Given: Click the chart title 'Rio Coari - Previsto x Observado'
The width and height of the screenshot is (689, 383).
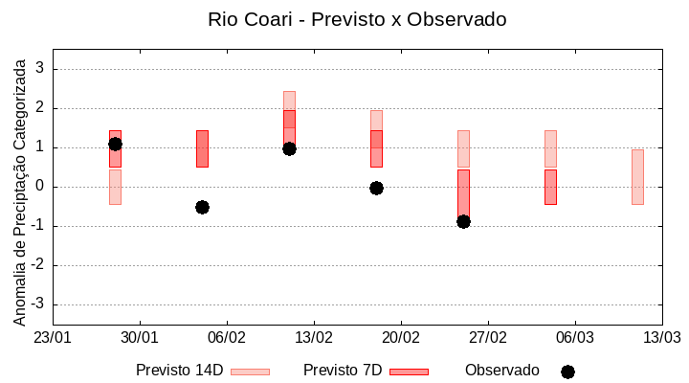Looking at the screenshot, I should pyautogui.click(x=357, y=19).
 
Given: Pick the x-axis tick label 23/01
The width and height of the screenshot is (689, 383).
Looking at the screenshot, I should pyautogui.click(x=53, y=338).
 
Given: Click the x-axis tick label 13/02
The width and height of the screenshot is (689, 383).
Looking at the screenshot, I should pyautogui.click(x=314, y=338).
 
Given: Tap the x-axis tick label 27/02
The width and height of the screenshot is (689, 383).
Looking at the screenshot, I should pyautogui.click(x=488, y=338).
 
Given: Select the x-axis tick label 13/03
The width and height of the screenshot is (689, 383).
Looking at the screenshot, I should pyautogui.click(x=661, y=338).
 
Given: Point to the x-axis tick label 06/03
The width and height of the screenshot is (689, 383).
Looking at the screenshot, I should pyautogui.click(x=575, y=338).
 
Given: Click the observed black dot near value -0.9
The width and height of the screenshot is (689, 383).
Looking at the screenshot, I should pyautogui.click(x=463, y=221).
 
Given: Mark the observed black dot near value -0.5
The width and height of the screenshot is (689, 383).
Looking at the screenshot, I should pyautogui.click(x=202, y=207).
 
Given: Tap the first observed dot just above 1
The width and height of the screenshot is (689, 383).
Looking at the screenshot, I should pyautogui.click(x=115, y=144).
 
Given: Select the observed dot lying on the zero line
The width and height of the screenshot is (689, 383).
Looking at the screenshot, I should pyautogui.click(x=376, y=188).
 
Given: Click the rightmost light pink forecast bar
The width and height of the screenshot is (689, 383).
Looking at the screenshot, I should pyautogui.click(x=637, y=177).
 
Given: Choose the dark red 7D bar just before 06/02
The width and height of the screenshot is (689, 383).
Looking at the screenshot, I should pyautogui.click(x=202, y=148).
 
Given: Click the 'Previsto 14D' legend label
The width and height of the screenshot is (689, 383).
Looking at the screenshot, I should pyautogui.click(x=179, y=371).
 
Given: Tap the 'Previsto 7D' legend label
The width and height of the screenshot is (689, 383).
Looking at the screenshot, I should pyautogui.click(x=343, y=371).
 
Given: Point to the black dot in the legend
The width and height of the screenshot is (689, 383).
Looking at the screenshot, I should pyautogui.click(x=567, y=372).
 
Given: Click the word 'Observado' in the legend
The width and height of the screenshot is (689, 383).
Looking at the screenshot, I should pyautogui.click(x=501, y=371).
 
